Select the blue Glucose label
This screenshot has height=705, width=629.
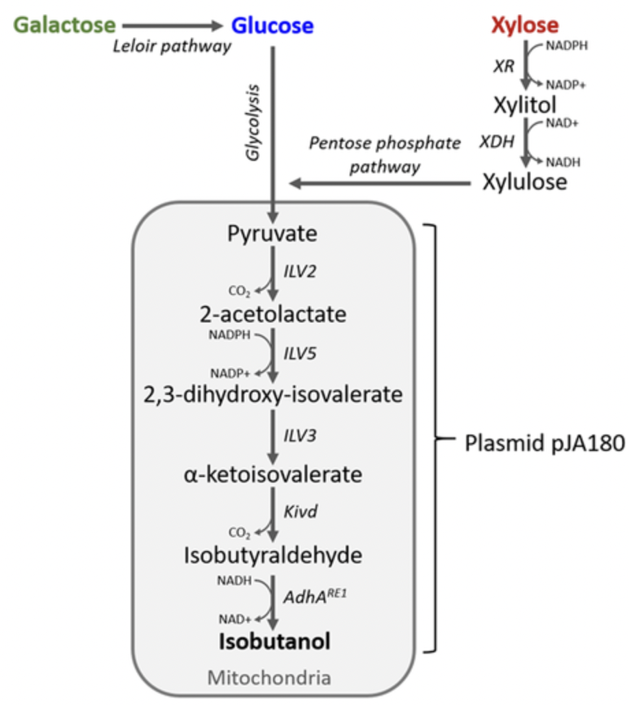[272, 26]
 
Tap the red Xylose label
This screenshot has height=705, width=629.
[524, 26]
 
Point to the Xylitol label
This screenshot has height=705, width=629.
[525, 105]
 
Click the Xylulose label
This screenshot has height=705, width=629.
[525, 183]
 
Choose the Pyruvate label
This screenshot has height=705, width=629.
[272, 234]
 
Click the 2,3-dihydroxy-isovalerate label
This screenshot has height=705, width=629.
[272, 394]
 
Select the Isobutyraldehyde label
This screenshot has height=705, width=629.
[272, 555]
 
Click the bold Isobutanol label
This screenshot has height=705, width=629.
[274, 641]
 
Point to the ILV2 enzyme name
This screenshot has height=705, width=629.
[301, 272]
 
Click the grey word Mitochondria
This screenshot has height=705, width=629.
[269, 678]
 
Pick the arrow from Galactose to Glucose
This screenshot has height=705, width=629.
[173, 26]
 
